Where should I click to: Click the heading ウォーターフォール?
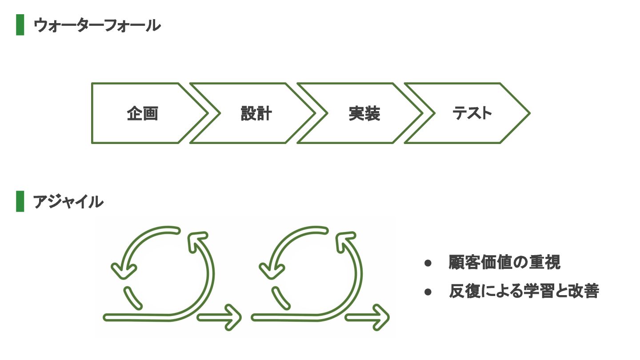[96, 25]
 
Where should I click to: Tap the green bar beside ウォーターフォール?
[20, 25]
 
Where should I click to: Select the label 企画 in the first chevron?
[142, 114]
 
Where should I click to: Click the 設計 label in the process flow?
[256, 114]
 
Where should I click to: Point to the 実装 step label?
[364, 114]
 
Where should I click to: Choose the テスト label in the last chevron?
[472, 113]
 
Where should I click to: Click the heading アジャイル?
[68, 202]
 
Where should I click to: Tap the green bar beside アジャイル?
[20, 202]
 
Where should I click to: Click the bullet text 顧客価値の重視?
[504, 262]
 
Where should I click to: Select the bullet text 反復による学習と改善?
[524, 291]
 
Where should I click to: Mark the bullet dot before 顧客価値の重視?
[428, 263]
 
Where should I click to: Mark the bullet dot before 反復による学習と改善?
[428, 292]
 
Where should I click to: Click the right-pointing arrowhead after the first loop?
[234, 317]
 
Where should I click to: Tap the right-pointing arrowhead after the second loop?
[382, 317]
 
